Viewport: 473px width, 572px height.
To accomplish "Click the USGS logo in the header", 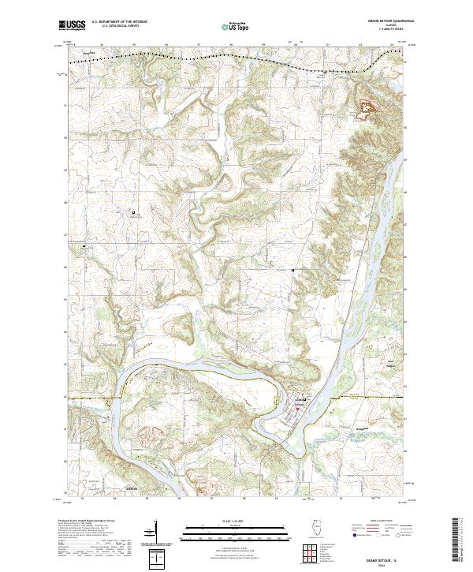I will click(x=72, y=25).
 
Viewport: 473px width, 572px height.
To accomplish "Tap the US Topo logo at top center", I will click(x=236, y=26).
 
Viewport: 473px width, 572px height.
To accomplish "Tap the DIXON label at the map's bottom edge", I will click(x=132, y=489).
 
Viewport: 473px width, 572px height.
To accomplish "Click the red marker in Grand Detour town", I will click(x=298, y=408).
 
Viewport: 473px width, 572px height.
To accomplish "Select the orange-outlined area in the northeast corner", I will click(x=367, y=109).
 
